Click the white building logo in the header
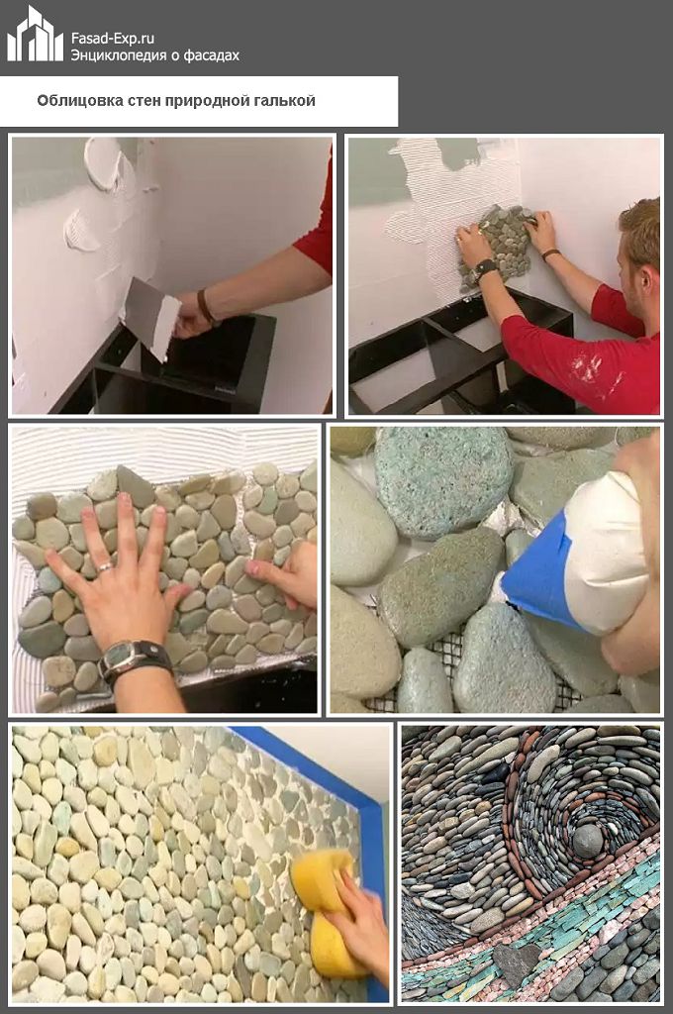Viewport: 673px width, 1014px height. coord(35,36)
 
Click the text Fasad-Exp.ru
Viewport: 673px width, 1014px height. coord(113,39)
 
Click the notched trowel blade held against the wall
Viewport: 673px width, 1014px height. coord(153,316)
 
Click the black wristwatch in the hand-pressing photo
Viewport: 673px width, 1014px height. coord(134,659)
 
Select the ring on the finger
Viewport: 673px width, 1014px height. coord(105,567)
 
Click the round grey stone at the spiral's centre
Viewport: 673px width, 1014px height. coord(587,841)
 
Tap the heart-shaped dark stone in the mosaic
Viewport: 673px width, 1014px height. coord(518,964)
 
